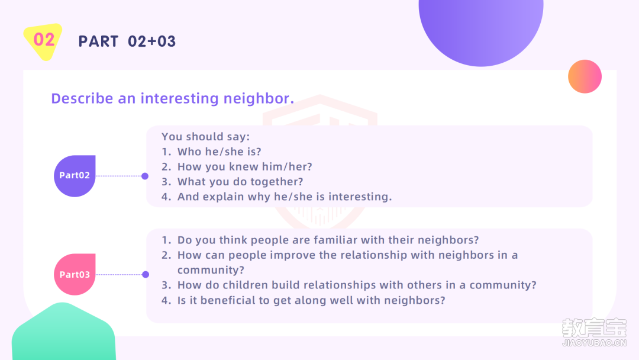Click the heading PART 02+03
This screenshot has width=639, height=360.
tap(127, 41)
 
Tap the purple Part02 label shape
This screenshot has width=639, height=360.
tap(75, 176)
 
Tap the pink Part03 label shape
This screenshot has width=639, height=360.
tap(75, 274)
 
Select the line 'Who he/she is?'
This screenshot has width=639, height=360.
tap(220, 152)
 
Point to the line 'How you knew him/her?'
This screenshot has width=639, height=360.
tap(244, 167)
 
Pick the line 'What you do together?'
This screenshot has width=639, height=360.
tap(240, 182)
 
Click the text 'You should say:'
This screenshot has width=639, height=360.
tap(205, 137)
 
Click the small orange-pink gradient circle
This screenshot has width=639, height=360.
tap(585, 76)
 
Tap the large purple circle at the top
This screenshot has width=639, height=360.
tap(481, 28)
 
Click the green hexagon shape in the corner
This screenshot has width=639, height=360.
tap(63, 332)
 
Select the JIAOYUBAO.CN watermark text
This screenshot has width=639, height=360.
tap(594, 343)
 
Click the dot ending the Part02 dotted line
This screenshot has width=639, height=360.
tap(145, 176)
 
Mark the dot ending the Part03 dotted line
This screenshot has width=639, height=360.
tap(146, 274)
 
